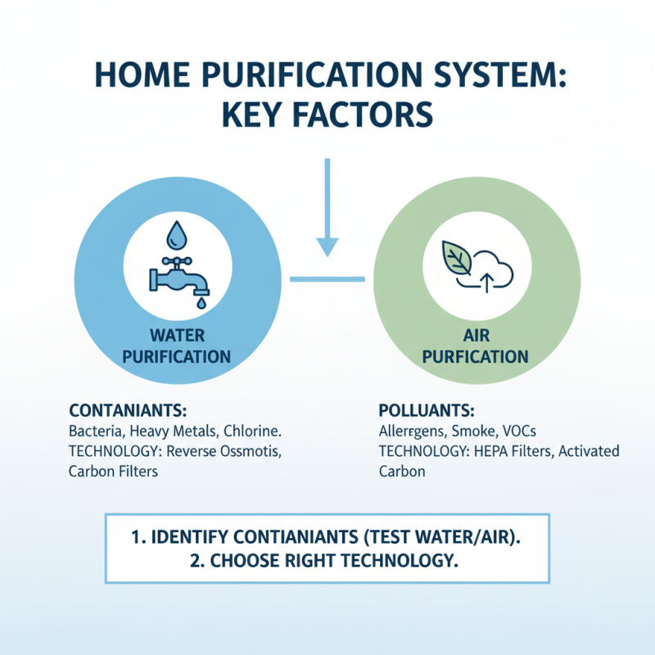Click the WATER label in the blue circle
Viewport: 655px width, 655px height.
tap(177, 336)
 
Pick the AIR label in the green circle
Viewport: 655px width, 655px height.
tap(481, 336)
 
